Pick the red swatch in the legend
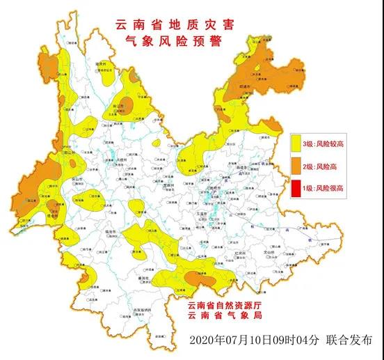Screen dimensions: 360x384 click(x=298, y=187)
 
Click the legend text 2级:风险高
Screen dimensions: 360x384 click(x=323, y=166)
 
